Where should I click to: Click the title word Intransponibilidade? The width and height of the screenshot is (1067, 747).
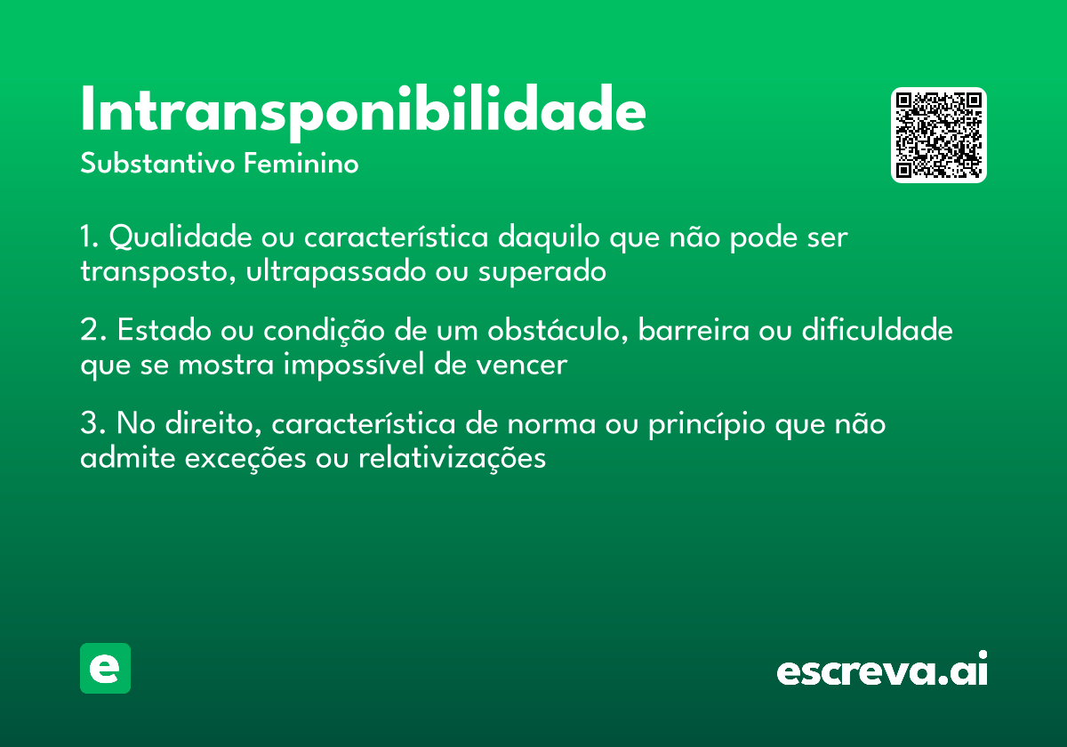363,111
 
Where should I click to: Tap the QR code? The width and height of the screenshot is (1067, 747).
939,135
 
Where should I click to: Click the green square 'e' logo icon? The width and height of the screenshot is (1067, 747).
105,668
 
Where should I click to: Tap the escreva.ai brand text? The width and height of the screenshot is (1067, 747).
882,670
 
